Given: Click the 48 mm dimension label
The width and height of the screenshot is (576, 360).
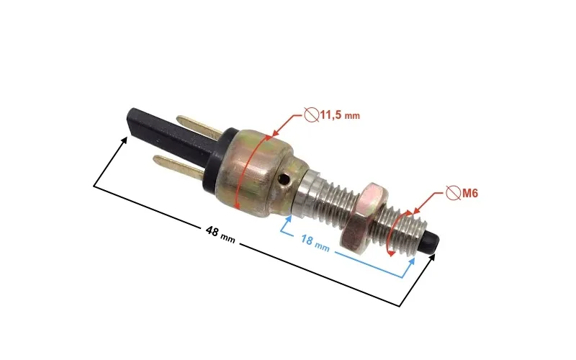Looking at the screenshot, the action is (x=220, y=234).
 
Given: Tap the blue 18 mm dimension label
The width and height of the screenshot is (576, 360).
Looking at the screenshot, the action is (x=315, y=243).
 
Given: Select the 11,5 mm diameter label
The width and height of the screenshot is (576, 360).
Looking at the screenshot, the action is (x=340, y=115).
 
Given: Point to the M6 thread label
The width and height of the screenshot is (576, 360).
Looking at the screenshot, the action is (x=470, y=193).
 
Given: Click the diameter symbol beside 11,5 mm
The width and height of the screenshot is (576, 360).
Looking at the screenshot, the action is (x=311, y=114).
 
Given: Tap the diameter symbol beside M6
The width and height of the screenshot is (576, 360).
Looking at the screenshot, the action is (x=454, y=192).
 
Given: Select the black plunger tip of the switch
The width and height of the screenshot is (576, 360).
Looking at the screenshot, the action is (x=431, y=243).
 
